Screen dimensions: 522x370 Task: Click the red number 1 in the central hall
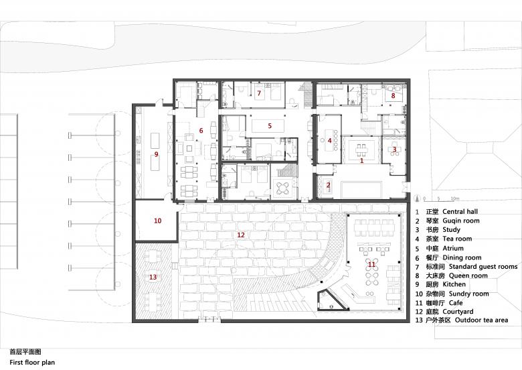click(362, 161)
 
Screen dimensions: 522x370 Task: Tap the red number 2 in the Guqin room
click(328, 185)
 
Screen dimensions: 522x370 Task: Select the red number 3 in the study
click(394, 149)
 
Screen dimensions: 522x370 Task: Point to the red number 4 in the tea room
click(329, 141)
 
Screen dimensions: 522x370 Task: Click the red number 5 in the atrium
click(270, 126)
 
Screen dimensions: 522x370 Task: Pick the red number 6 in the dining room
click(201, 130)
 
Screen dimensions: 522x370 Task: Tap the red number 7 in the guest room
click(259, 93)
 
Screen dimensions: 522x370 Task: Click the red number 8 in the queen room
click(393, 96)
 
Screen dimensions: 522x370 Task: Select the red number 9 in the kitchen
click(156, 154)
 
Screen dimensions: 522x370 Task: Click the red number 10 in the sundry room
click(157, 221)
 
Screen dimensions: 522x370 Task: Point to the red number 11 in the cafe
click(371, 264)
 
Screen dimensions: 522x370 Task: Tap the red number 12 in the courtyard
click(241, 235)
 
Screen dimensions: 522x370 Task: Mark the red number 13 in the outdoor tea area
click(153, 277)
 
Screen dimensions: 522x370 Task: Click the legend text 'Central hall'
click(460, 212)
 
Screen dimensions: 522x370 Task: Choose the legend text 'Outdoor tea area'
click(481, 320)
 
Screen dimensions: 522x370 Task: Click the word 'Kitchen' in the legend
click(454, 284)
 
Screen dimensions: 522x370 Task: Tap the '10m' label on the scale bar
click(455, 198)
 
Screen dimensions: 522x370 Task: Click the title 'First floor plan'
click(32, 363)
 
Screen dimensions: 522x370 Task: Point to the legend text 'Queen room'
click(468, 275)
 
